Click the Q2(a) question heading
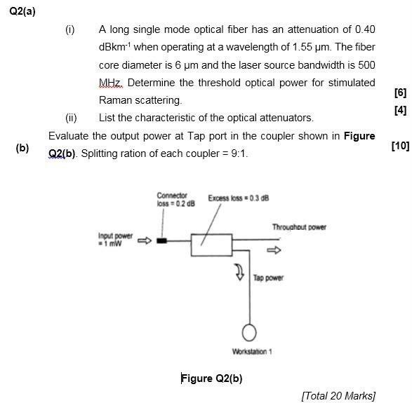[x=22, y=12]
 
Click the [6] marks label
[x=400, y=93]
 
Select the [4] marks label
[x=400, y=110]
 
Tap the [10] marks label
[x=399, y=146]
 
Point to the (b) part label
[x=22, y=149]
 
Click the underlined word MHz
[x=111, y=83]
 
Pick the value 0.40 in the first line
[x=365, y=29]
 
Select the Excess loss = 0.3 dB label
[x=239, y=198]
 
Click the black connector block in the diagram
[x=162, y=241]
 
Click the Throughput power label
[x=299, y=226]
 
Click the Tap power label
[x=268, y=278]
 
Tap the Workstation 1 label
[x=251, y=351]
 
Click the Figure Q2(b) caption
[x=211, y=378]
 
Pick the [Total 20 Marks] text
[x=338, y=396]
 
